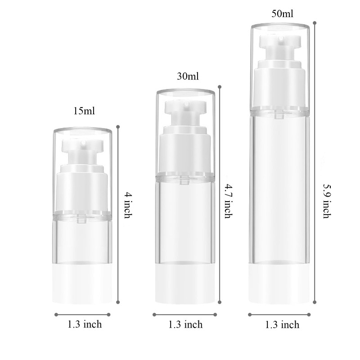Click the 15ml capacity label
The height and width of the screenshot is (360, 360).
point(84,111)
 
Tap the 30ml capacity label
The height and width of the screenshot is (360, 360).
point(188,76)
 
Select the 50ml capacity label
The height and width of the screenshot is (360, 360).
point(283,14)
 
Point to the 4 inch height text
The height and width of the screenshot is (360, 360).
point(128,205)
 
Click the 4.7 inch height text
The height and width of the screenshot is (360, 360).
point(229,201)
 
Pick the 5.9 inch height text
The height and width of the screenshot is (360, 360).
point(327,201)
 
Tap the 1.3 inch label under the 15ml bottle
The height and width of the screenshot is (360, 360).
point(85,324)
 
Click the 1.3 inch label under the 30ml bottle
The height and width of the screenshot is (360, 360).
point(185,324)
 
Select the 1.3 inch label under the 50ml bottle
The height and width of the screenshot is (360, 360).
point(283,324)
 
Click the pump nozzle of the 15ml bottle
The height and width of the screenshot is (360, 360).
point(83,144)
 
